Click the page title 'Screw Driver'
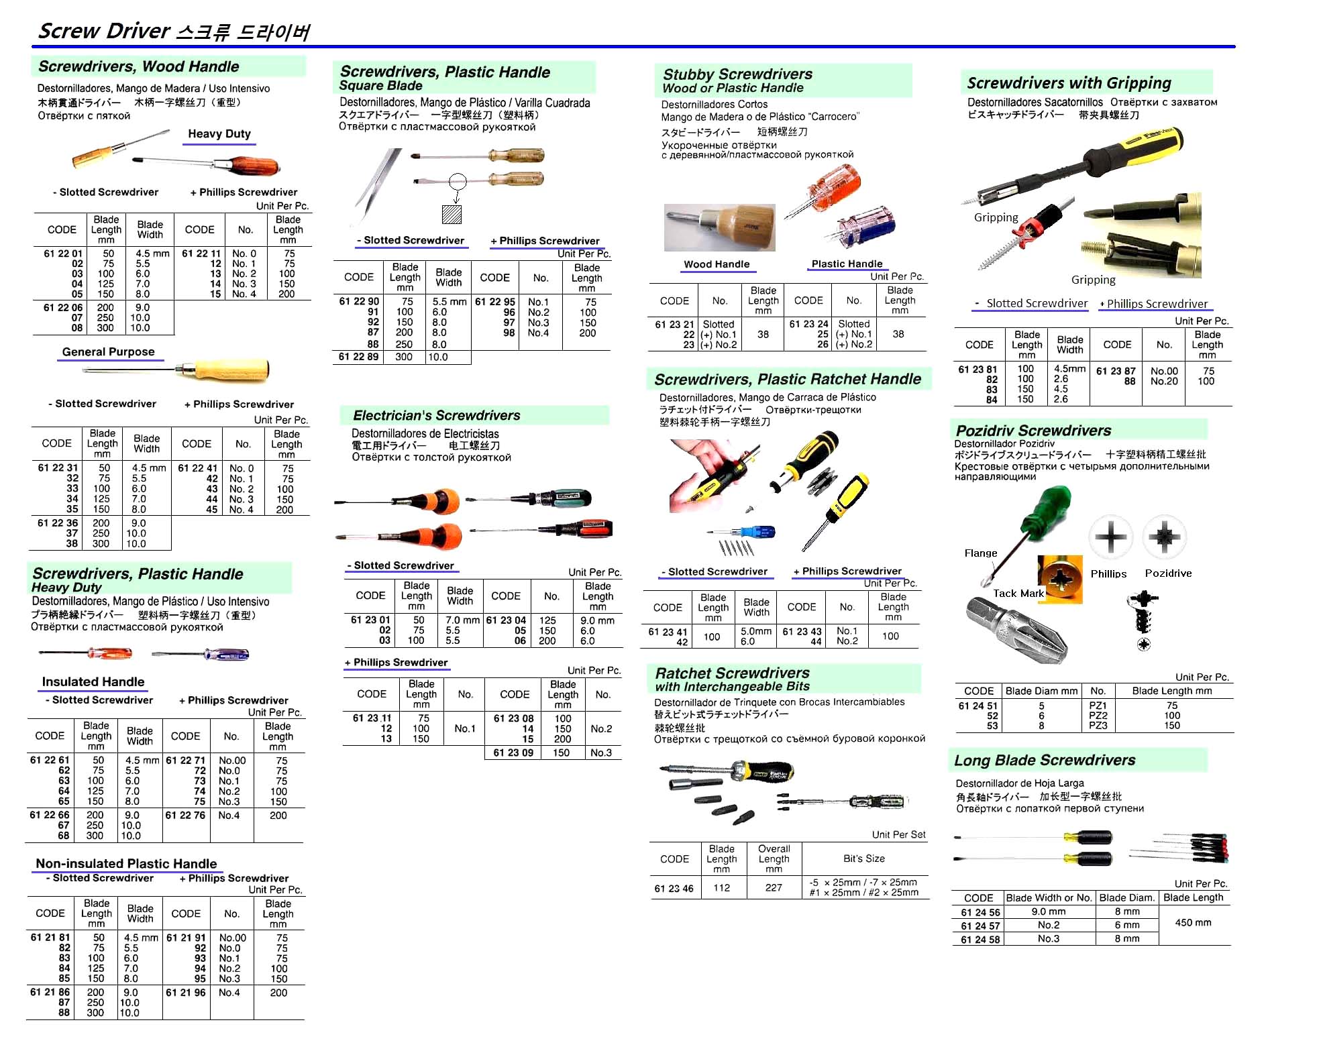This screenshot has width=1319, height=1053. pos(104,31)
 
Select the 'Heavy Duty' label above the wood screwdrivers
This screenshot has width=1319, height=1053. pos(219,133)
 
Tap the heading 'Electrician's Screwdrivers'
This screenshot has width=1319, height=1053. pos(436,415)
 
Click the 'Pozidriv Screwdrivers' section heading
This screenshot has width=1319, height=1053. pos(1033,431)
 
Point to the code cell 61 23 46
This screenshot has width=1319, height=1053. pos(674,888)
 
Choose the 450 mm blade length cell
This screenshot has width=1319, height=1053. pos(1193,922)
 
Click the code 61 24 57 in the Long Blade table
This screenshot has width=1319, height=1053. pos(980,926)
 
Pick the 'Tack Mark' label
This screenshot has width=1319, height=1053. pos(1018,593)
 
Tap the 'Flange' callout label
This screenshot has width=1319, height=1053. pos(981,553)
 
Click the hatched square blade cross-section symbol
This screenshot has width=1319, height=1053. pos(452,215)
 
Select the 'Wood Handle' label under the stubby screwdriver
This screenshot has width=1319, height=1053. pos(717,264)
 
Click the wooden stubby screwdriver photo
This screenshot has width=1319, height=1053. pos(720,227)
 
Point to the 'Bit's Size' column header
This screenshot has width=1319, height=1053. pos(864,858)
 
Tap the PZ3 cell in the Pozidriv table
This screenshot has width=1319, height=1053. pos(1098,725)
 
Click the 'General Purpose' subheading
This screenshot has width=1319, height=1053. pos(109,351)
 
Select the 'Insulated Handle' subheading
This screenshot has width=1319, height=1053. pos(93,681)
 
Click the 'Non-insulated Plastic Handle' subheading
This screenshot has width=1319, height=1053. pos(126,863)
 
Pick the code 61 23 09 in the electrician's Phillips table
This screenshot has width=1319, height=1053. pos(513,753)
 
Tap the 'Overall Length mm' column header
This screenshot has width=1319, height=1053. pos(774,858)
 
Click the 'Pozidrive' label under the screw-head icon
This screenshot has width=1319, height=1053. pos(1168,573)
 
